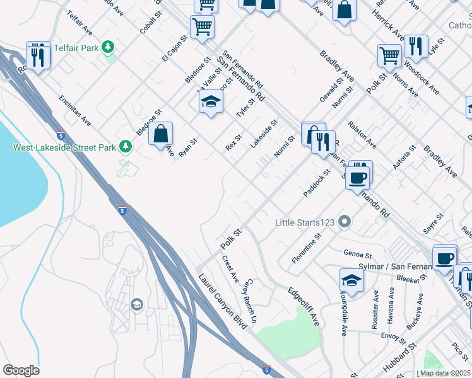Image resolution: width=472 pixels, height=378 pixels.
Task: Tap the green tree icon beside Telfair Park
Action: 109,47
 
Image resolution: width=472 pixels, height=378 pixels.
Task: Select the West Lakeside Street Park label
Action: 66,147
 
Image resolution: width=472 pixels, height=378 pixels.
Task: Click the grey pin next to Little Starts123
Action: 344,222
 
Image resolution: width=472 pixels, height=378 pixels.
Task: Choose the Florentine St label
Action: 307,248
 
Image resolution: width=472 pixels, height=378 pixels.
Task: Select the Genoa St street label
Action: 357,255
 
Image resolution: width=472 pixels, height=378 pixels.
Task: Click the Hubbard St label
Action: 403,355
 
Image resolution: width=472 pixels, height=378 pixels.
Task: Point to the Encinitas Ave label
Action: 74,110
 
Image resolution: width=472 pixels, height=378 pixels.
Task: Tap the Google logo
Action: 20,370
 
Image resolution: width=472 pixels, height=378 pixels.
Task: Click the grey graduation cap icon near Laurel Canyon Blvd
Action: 136,306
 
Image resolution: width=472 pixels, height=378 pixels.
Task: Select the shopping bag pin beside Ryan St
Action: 161,133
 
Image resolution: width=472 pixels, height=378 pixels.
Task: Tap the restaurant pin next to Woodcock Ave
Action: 415,46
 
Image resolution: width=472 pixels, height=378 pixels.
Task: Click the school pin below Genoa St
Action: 351,280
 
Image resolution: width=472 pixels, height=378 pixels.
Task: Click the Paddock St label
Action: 317,183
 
